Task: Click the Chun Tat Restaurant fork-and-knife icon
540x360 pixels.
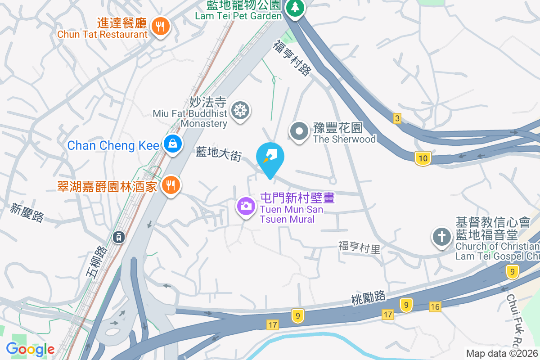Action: point(160,26)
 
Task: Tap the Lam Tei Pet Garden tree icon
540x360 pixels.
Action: point(295,7)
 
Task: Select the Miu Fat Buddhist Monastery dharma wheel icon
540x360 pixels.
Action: point(240,110)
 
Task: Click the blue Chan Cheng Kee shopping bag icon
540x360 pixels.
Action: point(172,144)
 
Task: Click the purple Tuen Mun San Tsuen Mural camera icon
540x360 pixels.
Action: point(246,207)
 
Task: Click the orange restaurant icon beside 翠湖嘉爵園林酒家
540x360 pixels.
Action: point(170,184)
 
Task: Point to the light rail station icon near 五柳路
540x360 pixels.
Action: point(119,236)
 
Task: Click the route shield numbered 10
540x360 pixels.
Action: point(423,158)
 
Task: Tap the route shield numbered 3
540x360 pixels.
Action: point(396,118)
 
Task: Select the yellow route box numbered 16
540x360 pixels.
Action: point(435,307)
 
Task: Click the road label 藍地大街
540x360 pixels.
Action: point(219,153)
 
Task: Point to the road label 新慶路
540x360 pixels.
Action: point(27,213)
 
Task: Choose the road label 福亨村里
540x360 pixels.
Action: point(359,247)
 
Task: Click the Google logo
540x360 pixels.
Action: point(30,349)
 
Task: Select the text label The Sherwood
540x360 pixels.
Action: point(344,139)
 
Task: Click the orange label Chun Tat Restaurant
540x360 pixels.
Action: point(103,34)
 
